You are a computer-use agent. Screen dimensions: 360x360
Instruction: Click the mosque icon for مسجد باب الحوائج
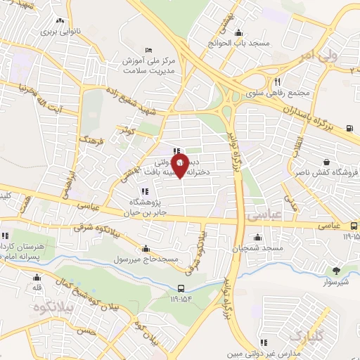click(238, 32)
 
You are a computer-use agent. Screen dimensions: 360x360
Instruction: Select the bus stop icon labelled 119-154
click(181, 288)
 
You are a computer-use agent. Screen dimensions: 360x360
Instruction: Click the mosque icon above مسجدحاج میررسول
click(146, 248)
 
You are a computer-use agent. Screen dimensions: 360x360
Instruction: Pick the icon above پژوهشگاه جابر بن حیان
click(144, 191)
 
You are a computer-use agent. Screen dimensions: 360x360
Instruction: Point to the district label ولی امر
click(333, 55)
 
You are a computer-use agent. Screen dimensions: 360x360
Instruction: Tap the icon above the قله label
click(37, 276)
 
